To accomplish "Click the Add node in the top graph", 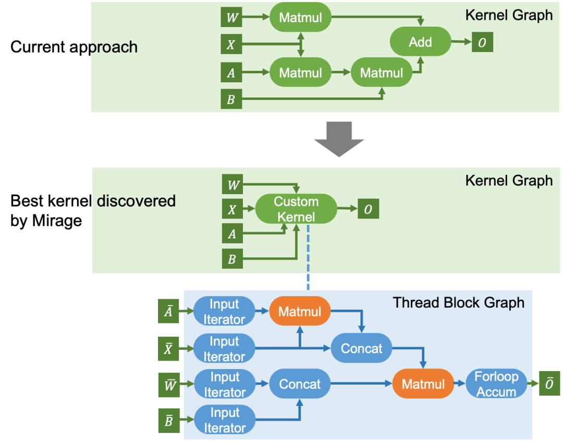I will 420,42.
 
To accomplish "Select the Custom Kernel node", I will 296,209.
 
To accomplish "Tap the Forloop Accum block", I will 496,384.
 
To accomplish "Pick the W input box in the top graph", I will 231,18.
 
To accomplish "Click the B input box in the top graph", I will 231,99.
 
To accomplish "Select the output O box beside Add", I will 482,43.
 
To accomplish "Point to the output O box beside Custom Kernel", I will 368,209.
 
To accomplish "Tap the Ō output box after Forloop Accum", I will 549,384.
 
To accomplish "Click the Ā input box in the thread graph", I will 168,311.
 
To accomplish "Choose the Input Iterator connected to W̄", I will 224,384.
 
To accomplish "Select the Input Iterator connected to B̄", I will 224,420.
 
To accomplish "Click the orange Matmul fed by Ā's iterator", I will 300,311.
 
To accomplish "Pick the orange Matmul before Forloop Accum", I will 423,384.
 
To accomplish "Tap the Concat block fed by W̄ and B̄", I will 300,384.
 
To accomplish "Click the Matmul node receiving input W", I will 300,18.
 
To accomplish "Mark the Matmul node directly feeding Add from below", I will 382,73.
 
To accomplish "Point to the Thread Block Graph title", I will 459,302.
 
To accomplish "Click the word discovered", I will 136,201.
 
